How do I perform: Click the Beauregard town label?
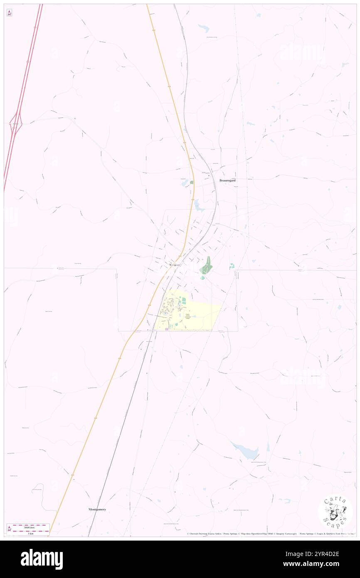(x=227, y=180)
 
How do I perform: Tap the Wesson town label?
(x=174, y=265)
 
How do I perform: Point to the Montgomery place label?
(x=97, y=509)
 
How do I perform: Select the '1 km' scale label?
(x=28, y=533)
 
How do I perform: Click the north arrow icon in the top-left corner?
(x=9, y=13)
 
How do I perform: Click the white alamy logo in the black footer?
(x=42, y=559)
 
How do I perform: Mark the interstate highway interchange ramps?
(x=16, y=124)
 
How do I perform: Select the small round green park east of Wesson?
(x=232, y=266)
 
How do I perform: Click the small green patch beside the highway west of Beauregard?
(x=192, y=182)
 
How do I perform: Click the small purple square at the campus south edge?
(x=167, y=329)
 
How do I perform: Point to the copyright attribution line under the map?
(x=270, y=534)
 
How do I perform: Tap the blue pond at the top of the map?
(x=204, y=28)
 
